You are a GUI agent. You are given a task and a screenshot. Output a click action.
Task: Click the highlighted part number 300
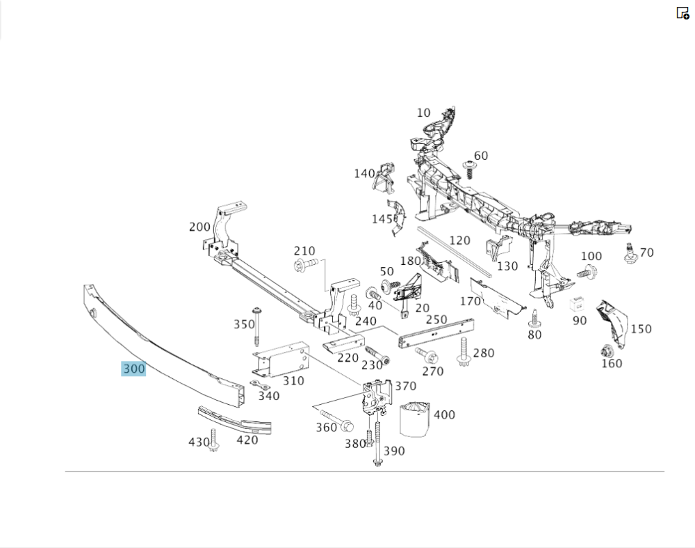pos(133,369)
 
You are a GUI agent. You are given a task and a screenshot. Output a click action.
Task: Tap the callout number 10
pos(424,113)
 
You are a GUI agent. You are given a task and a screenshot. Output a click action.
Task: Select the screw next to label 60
pos(469,169)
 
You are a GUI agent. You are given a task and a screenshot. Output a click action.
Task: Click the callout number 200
pos(199,227)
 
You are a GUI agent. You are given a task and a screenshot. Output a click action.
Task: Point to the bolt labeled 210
pos(305,264)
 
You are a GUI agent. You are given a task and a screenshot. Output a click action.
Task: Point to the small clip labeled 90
pos(578,305)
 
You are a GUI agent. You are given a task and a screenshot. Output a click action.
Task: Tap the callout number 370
pos(405,387)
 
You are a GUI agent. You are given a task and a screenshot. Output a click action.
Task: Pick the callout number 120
pos(459,241)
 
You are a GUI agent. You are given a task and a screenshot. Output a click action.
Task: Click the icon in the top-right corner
pos(682,13)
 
